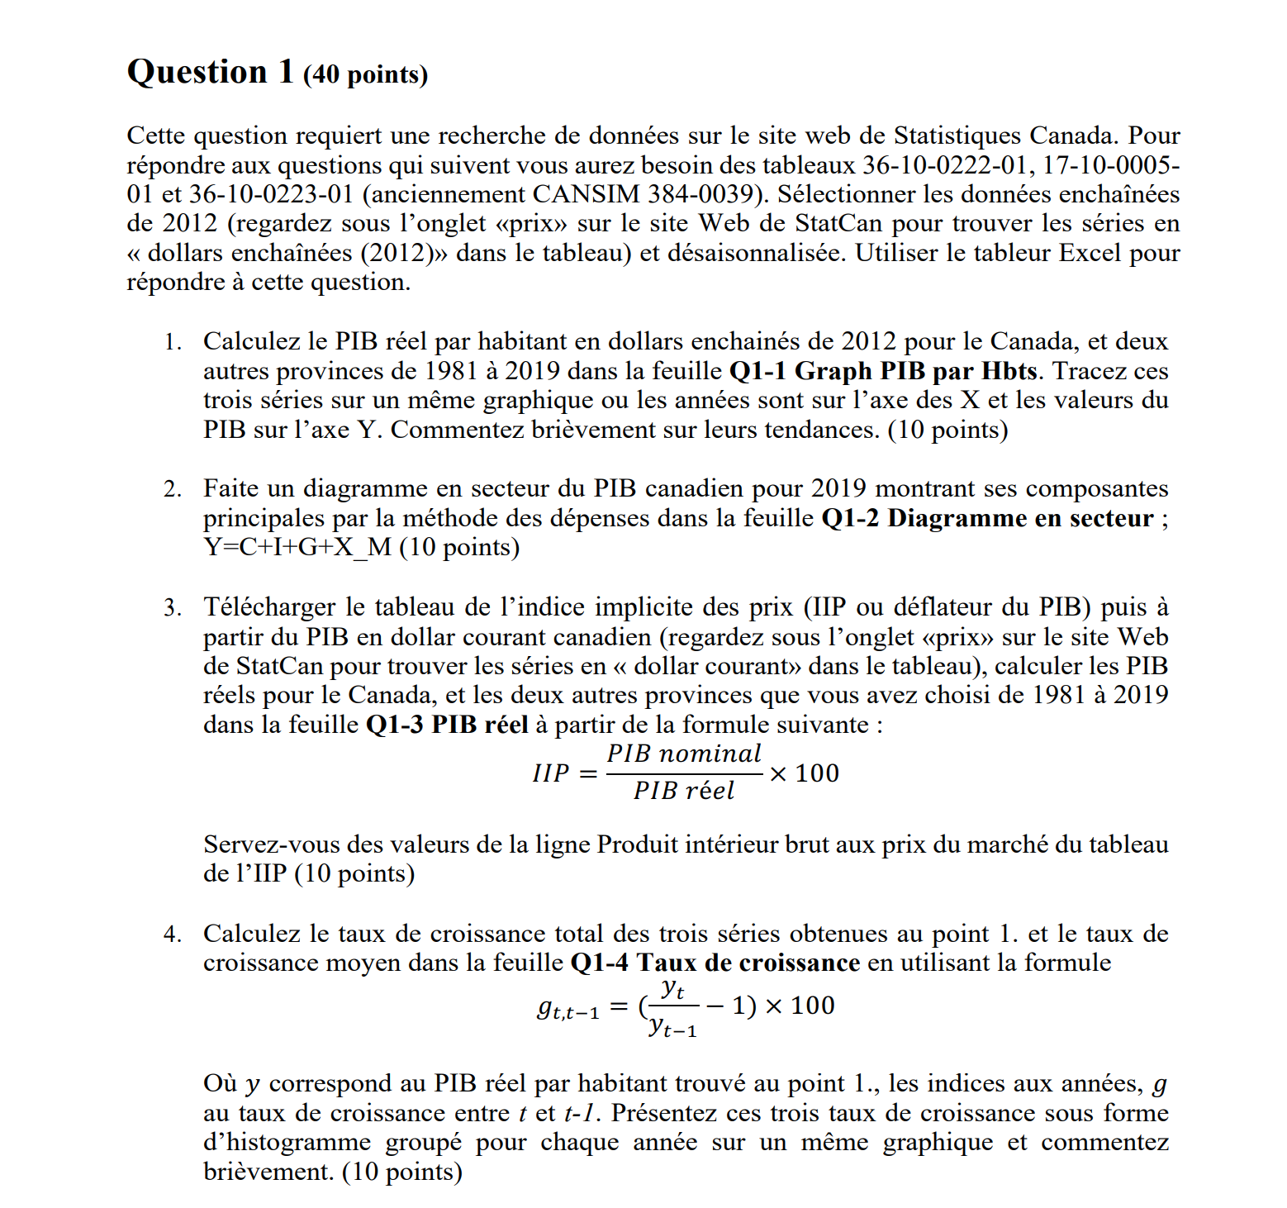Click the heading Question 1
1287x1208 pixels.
(210, 72)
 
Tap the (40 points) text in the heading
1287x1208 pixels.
(365, 74)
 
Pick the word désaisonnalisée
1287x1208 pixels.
(756, 253)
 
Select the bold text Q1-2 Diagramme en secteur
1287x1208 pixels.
(987, 518)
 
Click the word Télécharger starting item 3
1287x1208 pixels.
(270, 607)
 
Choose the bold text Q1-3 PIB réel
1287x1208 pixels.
(446, 725)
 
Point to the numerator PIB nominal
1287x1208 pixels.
(684, 754)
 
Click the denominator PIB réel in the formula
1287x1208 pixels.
(684, 791)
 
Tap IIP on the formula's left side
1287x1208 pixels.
(551, 773)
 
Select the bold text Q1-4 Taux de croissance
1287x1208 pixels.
(715, 963)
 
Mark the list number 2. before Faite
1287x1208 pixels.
(172, 489)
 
